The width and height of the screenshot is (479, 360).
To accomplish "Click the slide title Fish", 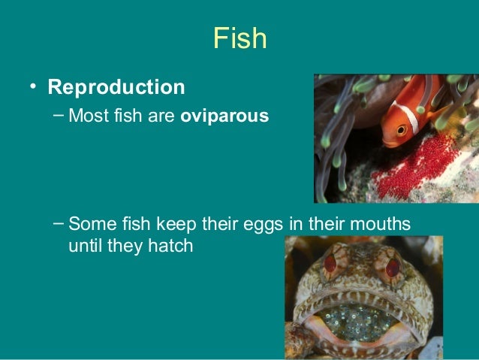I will point(239,38).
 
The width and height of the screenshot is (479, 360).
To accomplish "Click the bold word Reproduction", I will point(116,87).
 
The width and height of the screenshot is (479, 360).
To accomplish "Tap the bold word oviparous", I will point(224,118).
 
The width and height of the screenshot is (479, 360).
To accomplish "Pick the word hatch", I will point(172,246).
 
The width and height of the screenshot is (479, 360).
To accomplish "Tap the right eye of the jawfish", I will point(392,268).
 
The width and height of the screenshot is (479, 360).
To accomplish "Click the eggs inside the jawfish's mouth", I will point(360,319).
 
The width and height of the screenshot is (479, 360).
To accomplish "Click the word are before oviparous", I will point(162,118).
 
